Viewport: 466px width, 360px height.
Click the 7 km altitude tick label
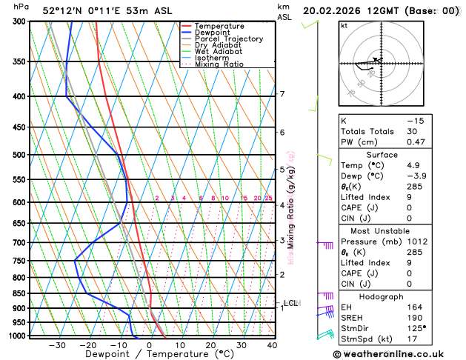point(282,94)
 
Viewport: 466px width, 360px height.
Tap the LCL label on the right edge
point(291,303)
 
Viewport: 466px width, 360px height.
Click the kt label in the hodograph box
point(344,25)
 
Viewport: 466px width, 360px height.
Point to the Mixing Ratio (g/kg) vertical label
point(291,207)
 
